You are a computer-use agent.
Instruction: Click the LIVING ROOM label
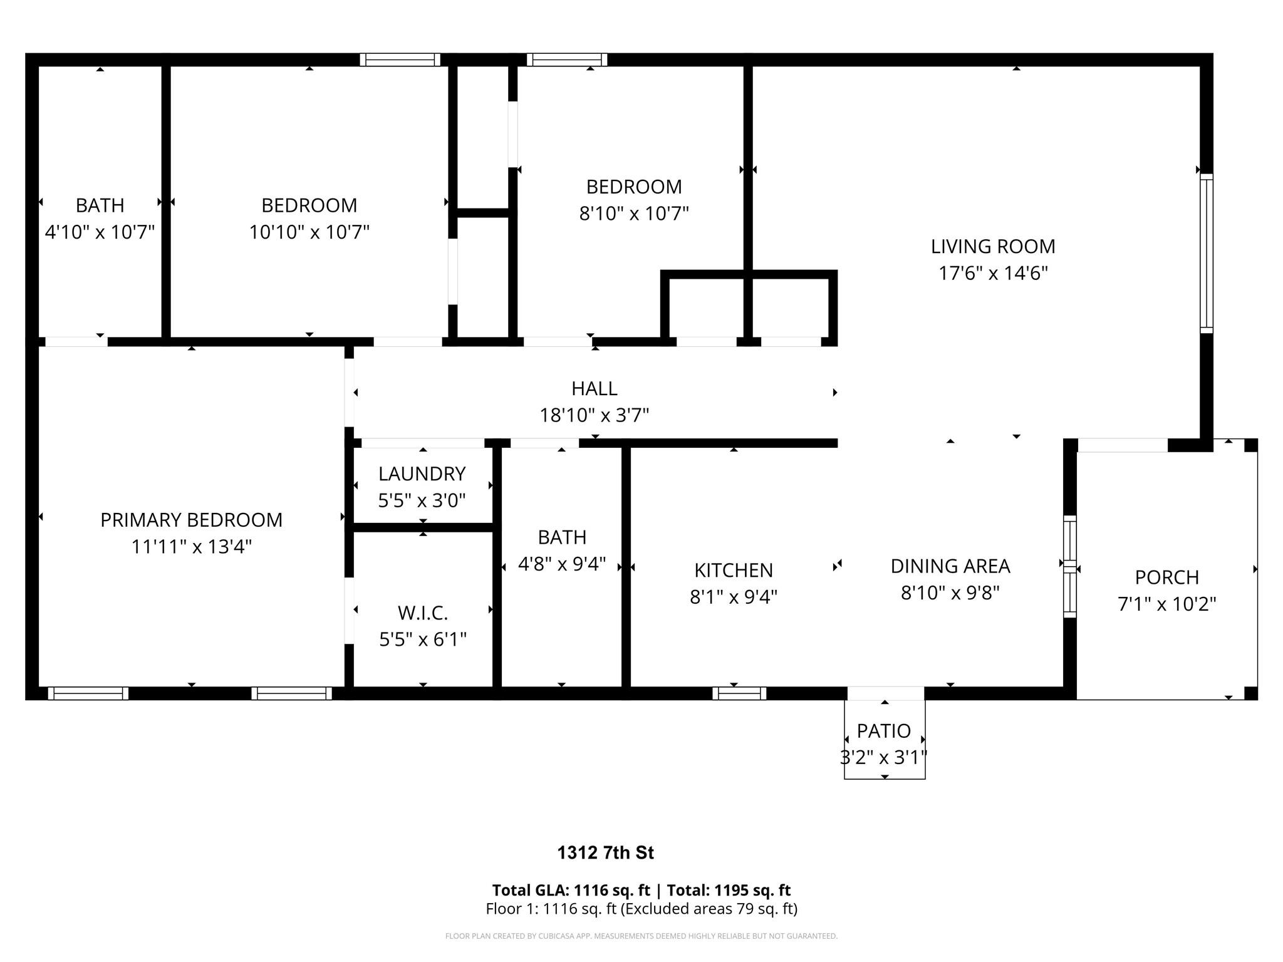993,246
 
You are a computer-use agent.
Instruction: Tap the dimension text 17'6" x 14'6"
993,273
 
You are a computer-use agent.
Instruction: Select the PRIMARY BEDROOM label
192,520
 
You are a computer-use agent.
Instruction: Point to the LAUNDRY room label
422,473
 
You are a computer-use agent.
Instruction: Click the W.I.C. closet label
423,612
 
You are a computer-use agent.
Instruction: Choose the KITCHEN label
734,570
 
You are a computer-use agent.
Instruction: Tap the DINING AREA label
950,566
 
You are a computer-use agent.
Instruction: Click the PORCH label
1167,577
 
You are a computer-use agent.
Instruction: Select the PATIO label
884,731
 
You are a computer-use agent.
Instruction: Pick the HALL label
595,388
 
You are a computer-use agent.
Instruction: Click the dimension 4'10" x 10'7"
100,232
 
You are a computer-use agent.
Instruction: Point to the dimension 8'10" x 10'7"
634,214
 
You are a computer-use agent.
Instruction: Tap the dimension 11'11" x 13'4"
192,547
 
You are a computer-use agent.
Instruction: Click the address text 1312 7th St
606,853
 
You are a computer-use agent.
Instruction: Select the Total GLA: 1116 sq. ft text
571,890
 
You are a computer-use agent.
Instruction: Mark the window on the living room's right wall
1207,253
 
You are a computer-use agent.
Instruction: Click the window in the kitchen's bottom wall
739,693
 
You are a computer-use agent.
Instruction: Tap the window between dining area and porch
1070,566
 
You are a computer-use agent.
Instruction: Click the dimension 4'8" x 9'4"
562,564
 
